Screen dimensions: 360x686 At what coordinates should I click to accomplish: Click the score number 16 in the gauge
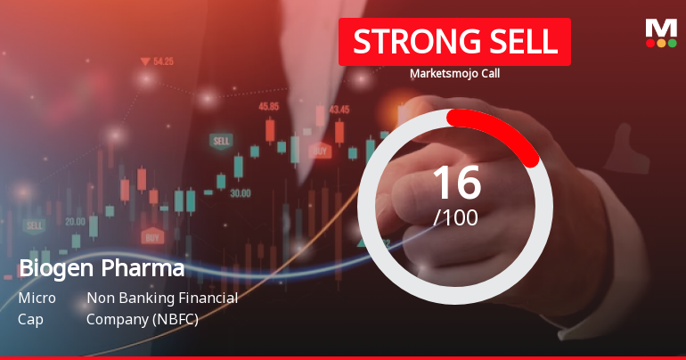click(456, 182)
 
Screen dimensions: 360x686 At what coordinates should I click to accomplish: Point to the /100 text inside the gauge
click(455, 217)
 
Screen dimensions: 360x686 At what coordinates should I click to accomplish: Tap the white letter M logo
click(661, 28)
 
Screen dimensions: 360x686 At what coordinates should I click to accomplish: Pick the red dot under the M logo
click(650, 43)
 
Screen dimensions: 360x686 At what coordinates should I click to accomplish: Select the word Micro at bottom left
click(37, 298)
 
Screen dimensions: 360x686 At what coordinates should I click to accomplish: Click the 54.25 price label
click(163, 61)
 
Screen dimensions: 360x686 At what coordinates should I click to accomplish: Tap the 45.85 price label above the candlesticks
click(269, 106)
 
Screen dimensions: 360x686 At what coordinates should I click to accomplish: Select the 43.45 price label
click(339, 110)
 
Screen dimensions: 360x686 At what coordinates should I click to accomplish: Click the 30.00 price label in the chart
click(240, 192)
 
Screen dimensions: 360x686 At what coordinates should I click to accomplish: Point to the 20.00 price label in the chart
click(75, 221)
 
